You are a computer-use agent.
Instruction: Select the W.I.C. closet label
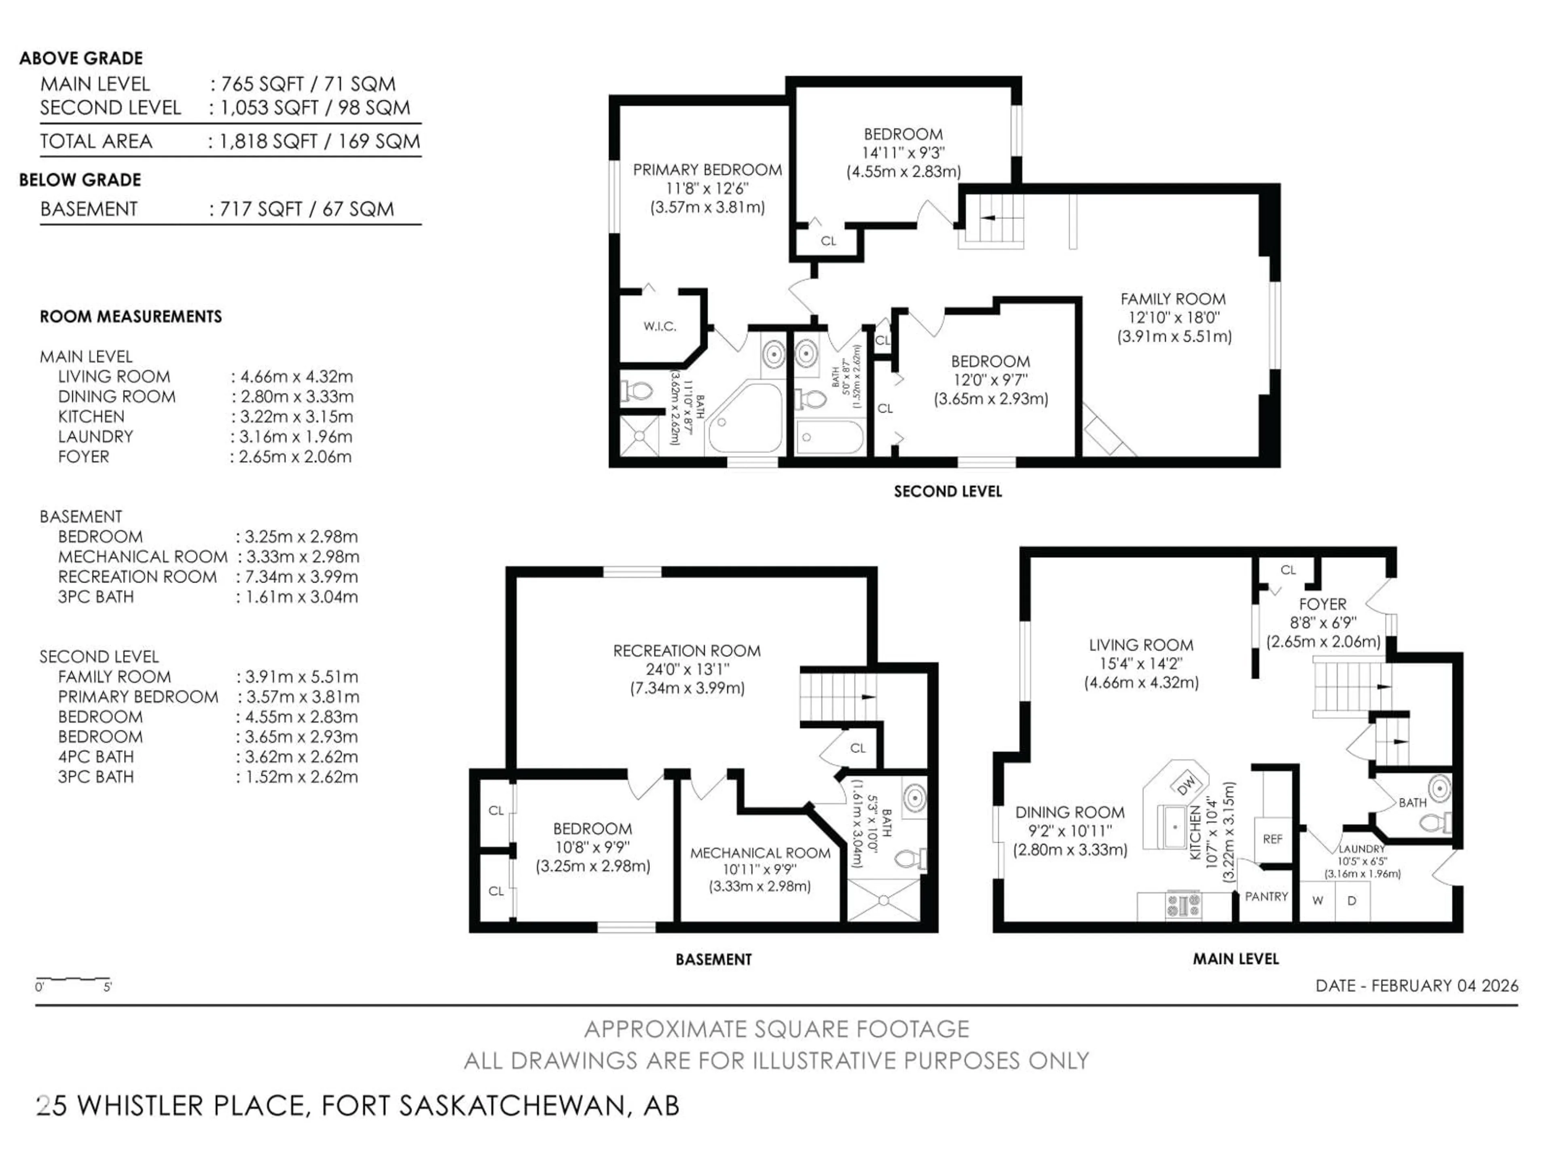659,326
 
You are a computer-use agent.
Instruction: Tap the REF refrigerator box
1272,839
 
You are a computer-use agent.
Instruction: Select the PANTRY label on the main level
1266,897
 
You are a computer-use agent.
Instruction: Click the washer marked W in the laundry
1317,900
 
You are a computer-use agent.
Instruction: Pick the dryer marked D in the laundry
1352,900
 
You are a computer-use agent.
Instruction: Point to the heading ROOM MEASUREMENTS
131,317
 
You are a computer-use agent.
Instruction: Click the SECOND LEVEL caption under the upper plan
947,491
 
